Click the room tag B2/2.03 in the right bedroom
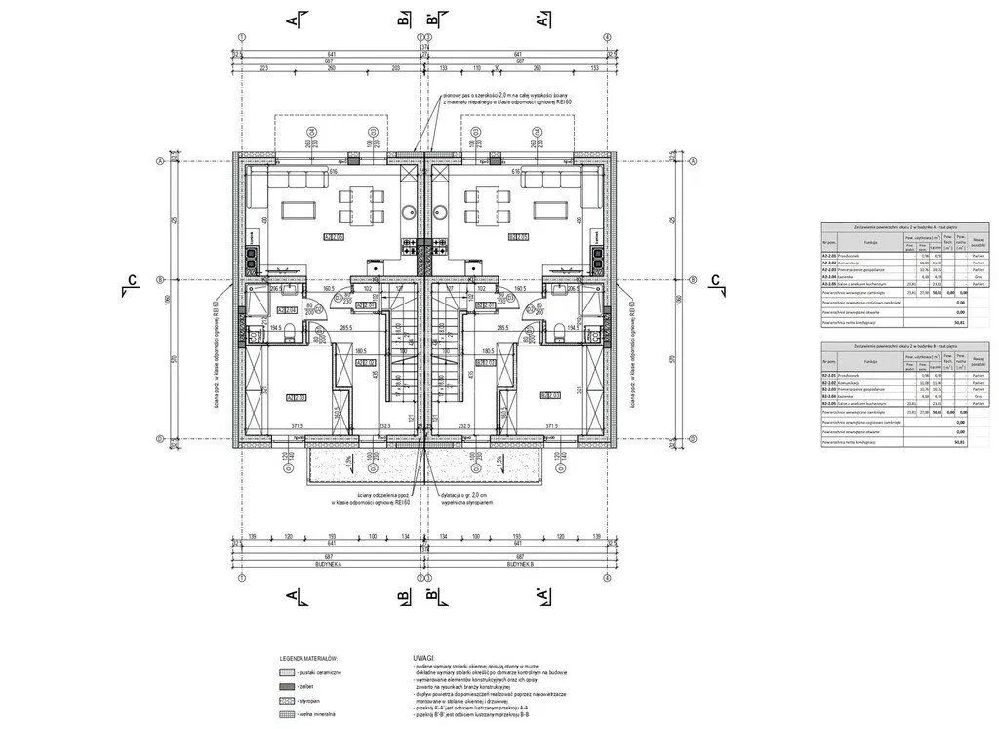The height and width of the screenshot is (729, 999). tap(548, 395)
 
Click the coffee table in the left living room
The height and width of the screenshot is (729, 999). tap(297, 208)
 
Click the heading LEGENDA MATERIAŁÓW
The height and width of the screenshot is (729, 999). tap(308, 661)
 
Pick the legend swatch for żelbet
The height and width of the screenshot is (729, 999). tap(286, 687)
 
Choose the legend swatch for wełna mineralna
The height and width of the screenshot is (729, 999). tap(286, 716)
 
